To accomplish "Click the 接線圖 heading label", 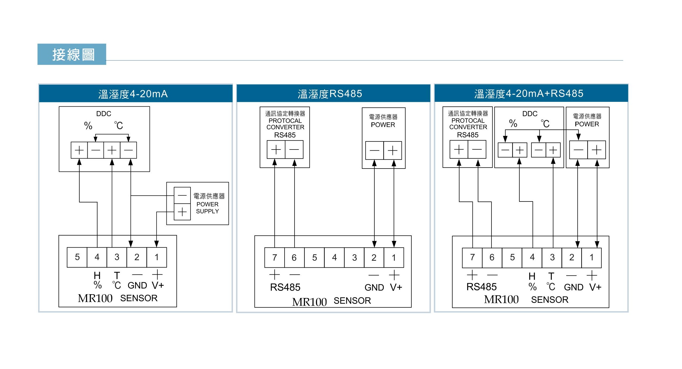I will click(x=73, y=55).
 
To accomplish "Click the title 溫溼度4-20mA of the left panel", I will click(x=133, y=94).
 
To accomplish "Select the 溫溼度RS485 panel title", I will click(x=330, y=94).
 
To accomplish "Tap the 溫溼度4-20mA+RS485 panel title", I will click(x=529, y=94).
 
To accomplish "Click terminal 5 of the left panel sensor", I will click(x=77, y=257).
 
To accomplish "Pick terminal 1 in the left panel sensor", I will click(x=156, y=257).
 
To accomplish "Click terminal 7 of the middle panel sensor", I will click(x=274, y=258).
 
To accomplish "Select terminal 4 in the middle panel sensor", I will click(x=334, y=258).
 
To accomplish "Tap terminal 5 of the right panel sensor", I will click(x=512, y=258).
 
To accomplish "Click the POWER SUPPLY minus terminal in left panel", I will click(x=182, y=195).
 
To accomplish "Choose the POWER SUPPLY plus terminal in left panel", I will click(x=182, y=212).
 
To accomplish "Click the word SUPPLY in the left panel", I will click(x=207, y=211).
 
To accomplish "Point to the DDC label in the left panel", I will click(x=104, y=114).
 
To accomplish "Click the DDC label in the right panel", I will click(x=530, y=114).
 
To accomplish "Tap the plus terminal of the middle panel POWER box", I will click(x=393, y=150).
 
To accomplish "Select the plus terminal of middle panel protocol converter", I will click(x=276, y=150).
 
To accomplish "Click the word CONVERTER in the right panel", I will click(x=468, y=127).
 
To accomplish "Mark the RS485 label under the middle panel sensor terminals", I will click(x=285, y=287).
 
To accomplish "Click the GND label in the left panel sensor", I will click(x=137, y=285).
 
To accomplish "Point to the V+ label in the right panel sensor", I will click(x=595, y=287).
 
